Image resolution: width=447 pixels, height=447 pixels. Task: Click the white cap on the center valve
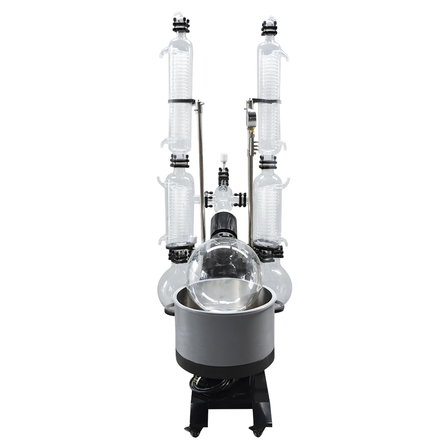tap(223, 158)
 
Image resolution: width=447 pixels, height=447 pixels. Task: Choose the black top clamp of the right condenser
tap(270, 27)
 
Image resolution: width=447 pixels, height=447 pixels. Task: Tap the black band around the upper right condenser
tap(267, 101)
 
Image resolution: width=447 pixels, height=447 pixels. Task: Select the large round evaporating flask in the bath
tap(224, 273)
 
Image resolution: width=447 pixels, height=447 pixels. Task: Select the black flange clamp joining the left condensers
tap(180, 160)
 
